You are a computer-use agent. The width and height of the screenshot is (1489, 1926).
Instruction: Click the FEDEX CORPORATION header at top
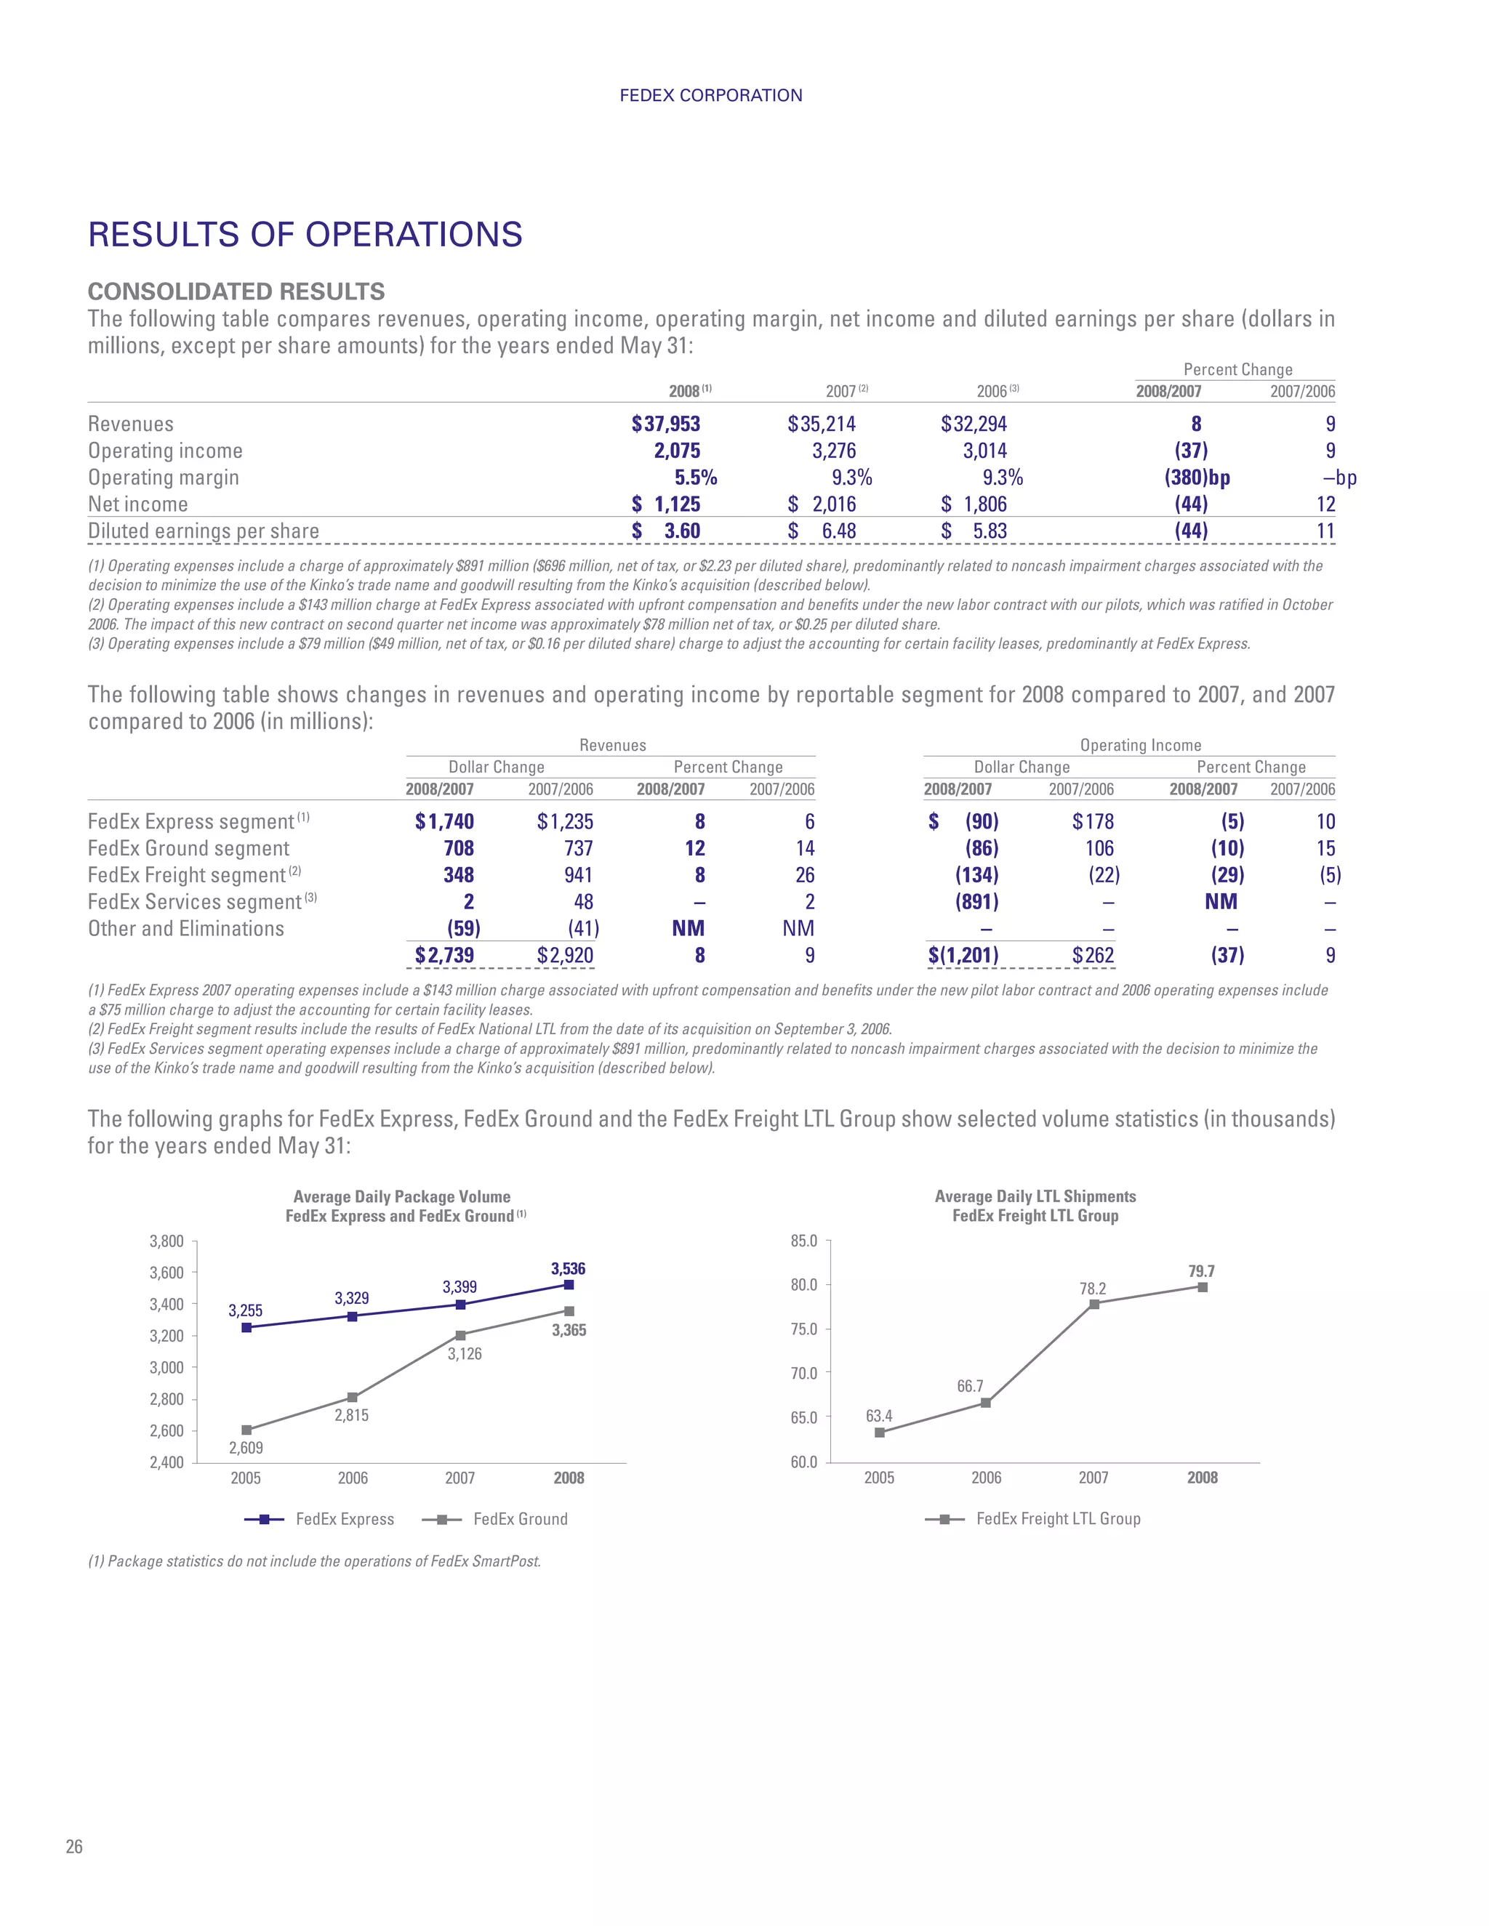coord(710,95)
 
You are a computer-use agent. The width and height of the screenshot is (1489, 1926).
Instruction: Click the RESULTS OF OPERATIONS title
coord(305,235)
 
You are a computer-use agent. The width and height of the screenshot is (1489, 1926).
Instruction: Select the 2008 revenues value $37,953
coord(666,424)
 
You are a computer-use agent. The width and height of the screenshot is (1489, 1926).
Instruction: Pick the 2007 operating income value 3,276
coord(834,451)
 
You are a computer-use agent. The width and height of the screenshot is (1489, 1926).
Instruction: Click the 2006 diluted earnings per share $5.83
coord(974,531)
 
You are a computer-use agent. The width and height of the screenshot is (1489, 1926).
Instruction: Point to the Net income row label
coord(137,504)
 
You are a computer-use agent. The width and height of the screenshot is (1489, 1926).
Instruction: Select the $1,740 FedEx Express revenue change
coord(444,822)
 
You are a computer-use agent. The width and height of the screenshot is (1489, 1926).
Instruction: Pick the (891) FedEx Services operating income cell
coord(976,902)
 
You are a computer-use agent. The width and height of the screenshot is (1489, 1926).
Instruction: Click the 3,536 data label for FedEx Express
coord(568,1269)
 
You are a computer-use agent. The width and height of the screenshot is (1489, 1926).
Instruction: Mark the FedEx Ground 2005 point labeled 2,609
coord(246,1430)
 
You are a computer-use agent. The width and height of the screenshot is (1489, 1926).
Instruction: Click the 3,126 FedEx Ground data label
coord(464,1354)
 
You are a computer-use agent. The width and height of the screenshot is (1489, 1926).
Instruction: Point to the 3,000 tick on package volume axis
coord(166,1368)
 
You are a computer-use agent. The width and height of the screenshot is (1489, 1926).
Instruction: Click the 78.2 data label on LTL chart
coord(1092,1289)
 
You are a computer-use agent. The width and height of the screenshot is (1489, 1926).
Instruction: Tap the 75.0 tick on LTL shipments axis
coord(803,1329)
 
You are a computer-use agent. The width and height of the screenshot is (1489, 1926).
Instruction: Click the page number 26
coord(74,1847)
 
